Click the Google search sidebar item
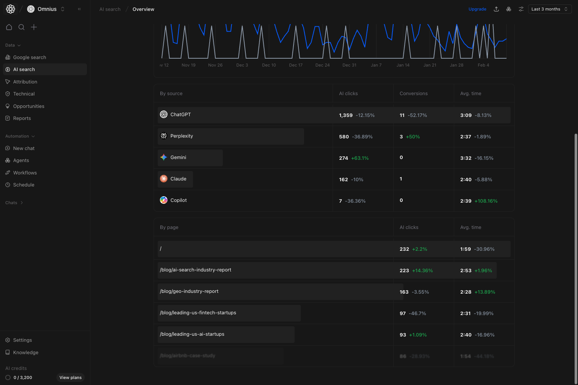click(x=29, y=57)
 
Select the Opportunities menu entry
click(x=29, y=106)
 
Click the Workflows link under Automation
click(x=25, y=173)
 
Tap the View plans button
click(x=70, y=377)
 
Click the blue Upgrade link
click(x=477, y=9)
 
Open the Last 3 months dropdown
click(x=549, y=9)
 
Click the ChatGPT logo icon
click(x=164, y=114)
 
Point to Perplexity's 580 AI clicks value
click(x=344, y=136)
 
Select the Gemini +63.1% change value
click(x=360, y=158)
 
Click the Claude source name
click(x=178, y=179)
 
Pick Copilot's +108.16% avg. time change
click(x=486, y=201)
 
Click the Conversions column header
click(x=414, y=93)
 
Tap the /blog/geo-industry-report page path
click(x=189, y=291)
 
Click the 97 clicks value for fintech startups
click(x=403, y=313)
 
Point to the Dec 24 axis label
click(x=322, y=65)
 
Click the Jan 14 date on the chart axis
click(x=403, y=65)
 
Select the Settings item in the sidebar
click(x=23, y=340)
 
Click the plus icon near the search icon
click(x=34, y=27)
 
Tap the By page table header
click(x=169, y=227)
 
